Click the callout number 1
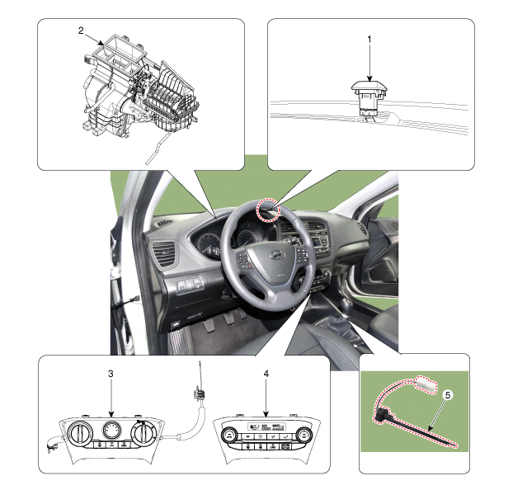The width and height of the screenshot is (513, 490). click(369, 40)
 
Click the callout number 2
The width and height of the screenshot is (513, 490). click(81, 31)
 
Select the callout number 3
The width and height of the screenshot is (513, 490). click(111, 374)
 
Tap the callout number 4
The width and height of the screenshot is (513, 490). click(266, 374)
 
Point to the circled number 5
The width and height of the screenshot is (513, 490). click(448, 395)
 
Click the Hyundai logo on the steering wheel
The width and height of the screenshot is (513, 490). click(277, 255)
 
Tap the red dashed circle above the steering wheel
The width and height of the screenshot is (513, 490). click(268, 210)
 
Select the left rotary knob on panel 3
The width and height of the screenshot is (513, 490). click(78, 432)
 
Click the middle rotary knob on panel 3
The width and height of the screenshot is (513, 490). click(111, 430)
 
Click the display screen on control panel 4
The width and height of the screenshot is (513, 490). click(266, 426)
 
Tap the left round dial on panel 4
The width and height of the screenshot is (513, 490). click(228, 435)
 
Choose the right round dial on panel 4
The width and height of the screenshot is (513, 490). click(304, 435)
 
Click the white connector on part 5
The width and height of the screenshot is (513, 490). click(426, 384)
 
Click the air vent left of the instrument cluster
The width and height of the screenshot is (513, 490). click(164, 252)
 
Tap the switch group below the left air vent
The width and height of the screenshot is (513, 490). click(190, 285)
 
